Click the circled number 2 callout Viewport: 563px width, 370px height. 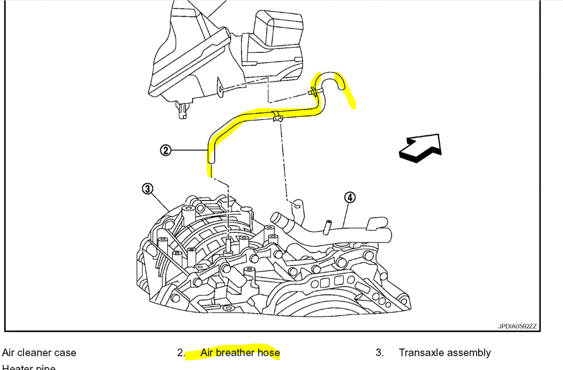point(166,150)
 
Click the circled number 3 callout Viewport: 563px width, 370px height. point(147,189)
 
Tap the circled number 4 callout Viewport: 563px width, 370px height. point(350,197)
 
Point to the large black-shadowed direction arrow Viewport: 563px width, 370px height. point(421,148)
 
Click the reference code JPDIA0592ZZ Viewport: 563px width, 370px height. point(517,326)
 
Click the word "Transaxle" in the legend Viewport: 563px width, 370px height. point(421,353)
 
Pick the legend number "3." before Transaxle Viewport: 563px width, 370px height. point(380,353)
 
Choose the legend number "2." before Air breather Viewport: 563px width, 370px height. point(181,353)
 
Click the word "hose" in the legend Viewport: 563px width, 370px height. point(269,353)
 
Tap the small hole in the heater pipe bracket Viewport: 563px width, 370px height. point(297,206)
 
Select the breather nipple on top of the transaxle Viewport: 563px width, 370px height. point(228,245)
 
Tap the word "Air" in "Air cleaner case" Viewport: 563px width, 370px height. point(9,353)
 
